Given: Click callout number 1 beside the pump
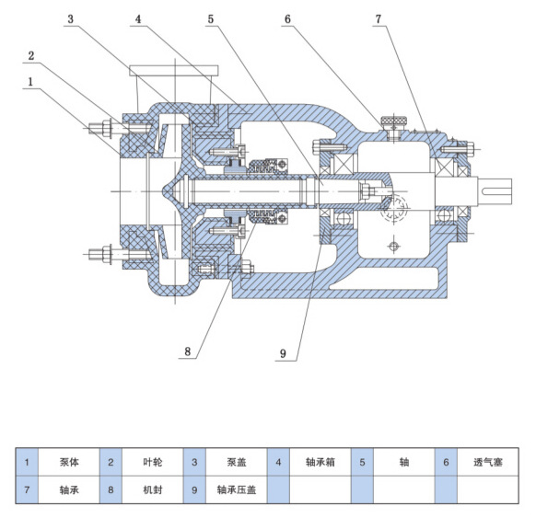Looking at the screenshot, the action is [30, 82].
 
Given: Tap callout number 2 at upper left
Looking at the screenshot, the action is [31, 55].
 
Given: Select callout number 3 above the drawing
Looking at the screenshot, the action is [70, 18].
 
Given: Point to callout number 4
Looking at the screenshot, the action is [138, 18].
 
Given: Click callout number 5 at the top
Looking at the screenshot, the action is [211, 18].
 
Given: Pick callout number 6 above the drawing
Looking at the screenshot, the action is [287, 18].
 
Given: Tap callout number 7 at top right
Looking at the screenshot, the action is [379, 18].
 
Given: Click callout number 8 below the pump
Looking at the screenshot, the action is [187, 351].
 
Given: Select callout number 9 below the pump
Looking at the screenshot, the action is [283, 353].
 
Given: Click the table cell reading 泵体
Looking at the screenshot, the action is [69, 462].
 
